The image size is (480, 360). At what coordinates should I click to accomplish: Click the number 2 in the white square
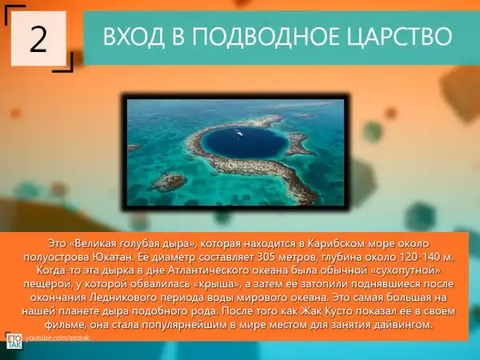pyautogui.click(x=38, y=39)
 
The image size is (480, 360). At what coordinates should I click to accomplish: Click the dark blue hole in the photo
pyautogui.click(x=242, y=142)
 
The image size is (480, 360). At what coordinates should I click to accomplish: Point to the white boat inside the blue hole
pyautogui.click(x=239, y=133)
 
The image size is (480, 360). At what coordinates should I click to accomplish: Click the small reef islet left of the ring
pyautogui.click(x=169, y=182)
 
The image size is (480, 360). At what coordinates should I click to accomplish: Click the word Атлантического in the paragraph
pyautogui.click(x=210, y=270)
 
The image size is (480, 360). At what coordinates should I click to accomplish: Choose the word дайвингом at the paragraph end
pyautogui.click(x=403, y=325)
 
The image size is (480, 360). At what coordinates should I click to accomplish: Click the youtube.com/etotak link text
pyautogui.click(x=58, y=338)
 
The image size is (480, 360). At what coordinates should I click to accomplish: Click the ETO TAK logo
pyautogui.click(x=14, y=341)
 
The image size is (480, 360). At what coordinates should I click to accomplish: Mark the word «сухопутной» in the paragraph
pyautogui.click(x=408, y=270)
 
